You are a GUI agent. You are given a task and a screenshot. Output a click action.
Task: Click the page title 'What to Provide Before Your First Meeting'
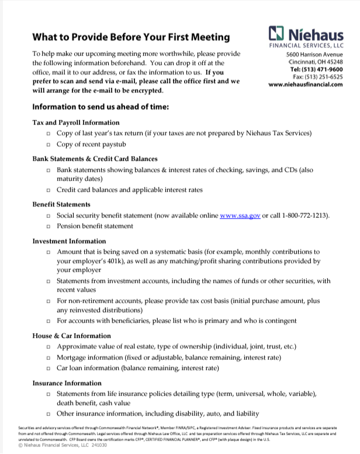[131, 37]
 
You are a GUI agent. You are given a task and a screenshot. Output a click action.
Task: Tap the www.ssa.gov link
[240, 216]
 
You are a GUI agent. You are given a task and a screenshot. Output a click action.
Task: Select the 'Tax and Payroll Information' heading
[76, 123]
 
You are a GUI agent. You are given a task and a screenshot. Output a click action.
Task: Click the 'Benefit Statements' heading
[61, 205]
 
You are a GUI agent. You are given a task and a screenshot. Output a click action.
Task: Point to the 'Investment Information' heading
[69, 241]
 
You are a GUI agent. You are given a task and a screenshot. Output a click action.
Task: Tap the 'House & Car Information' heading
[71, 336]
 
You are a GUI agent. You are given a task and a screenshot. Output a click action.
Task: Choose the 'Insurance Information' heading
[67, 383]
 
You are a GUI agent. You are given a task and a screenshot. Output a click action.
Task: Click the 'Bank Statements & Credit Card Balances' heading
[95, 158]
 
